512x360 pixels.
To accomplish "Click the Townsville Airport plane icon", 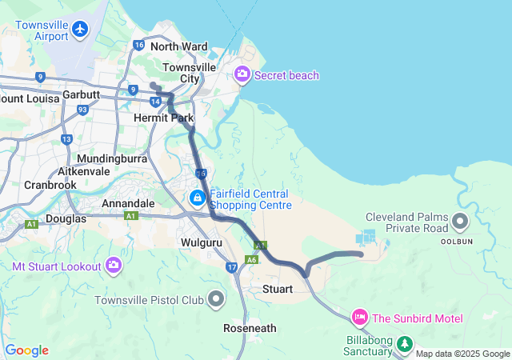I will (x=79, y=30).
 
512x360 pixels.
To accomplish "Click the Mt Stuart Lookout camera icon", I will (x=114, y=265).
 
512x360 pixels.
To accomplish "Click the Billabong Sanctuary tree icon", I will (x=406, y=345).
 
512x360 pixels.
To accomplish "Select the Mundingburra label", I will (x=112, y=158).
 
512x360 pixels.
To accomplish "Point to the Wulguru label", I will (x=200, y=241).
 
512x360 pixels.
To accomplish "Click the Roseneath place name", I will (x=250, y=328).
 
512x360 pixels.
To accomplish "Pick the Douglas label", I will (x=66, y=218).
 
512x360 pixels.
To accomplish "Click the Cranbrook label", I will (x=50, y=184).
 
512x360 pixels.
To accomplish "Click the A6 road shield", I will (x=251, y=259).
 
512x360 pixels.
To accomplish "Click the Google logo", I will (x=27, y=350).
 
